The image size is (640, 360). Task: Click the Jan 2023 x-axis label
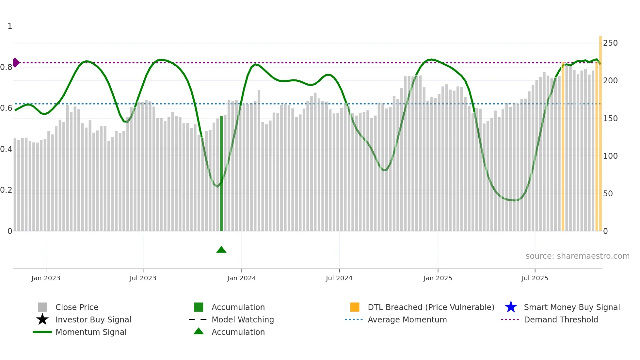pos(46,278)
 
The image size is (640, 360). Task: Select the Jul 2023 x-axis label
pos(143,278)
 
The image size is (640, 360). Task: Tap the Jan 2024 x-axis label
pos(241,278)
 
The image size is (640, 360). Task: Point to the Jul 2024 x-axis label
pos(339,278)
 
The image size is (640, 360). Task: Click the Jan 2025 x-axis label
pos(438,278)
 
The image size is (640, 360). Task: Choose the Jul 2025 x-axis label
pos(535,278)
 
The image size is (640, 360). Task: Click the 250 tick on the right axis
pos(610,43)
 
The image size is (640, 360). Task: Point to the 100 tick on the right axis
pos(610,156)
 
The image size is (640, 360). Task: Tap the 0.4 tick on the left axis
pos(6,149)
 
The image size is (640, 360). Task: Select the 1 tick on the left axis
pos(10,26)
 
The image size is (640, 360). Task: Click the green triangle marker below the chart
pos(221,250)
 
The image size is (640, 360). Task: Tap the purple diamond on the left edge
pos(16,62)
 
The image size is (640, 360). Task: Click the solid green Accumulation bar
pos(221,173)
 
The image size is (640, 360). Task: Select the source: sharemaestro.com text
pos(577,256)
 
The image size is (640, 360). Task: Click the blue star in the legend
pos(511,307)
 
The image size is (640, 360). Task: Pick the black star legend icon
pos(42,319)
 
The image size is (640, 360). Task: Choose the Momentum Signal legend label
pos(91,332)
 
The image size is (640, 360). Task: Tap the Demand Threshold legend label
pos(561,319)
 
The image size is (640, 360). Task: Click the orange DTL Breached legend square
pos(355,307)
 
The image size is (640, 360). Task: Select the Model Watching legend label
pos(243,319)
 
